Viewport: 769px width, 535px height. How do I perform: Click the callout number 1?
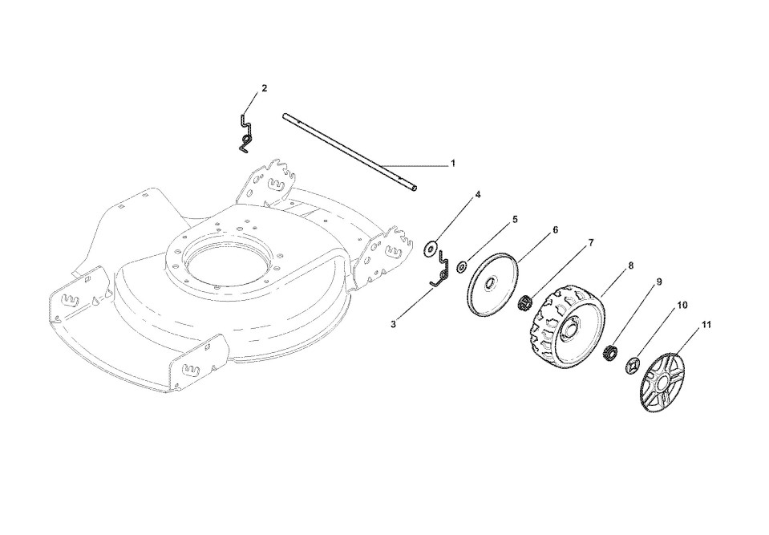452,164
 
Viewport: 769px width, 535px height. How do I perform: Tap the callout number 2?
265,87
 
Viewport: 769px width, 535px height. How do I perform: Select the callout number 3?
393,324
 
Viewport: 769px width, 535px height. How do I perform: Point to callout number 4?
478,195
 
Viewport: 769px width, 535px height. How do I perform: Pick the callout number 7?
592,241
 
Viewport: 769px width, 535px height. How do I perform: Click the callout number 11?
706,325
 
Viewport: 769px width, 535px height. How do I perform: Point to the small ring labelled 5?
463,266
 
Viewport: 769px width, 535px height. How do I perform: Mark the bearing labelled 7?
527,304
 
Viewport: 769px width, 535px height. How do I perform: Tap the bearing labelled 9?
609,351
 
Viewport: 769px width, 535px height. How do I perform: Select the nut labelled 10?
632,366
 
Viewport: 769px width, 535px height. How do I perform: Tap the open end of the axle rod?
415,188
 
